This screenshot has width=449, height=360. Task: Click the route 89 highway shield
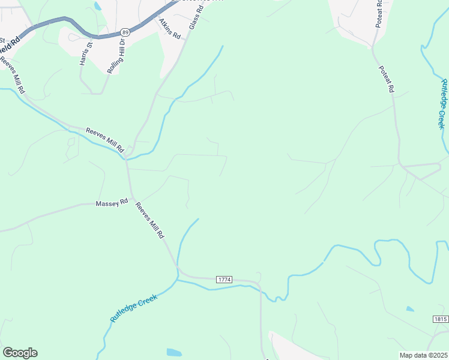point(124,31)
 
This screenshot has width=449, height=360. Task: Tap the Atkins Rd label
point(170,28)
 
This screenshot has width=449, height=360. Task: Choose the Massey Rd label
point(112,203)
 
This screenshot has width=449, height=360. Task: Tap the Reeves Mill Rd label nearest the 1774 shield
point(149,221)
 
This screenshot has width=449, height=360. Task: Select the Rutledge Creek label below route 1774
point(134,308)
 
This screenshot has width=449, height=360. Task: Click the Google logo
point(20,353)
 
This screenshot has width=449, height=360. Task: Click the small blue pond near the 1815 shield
point(409,309)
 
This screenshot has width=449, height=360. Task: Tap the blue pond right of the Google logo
point(173,352)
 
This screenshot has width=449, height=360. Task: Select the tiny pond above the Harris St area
point(97,7)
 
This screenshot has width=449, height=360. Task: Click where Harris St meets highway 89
point(91,36)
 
